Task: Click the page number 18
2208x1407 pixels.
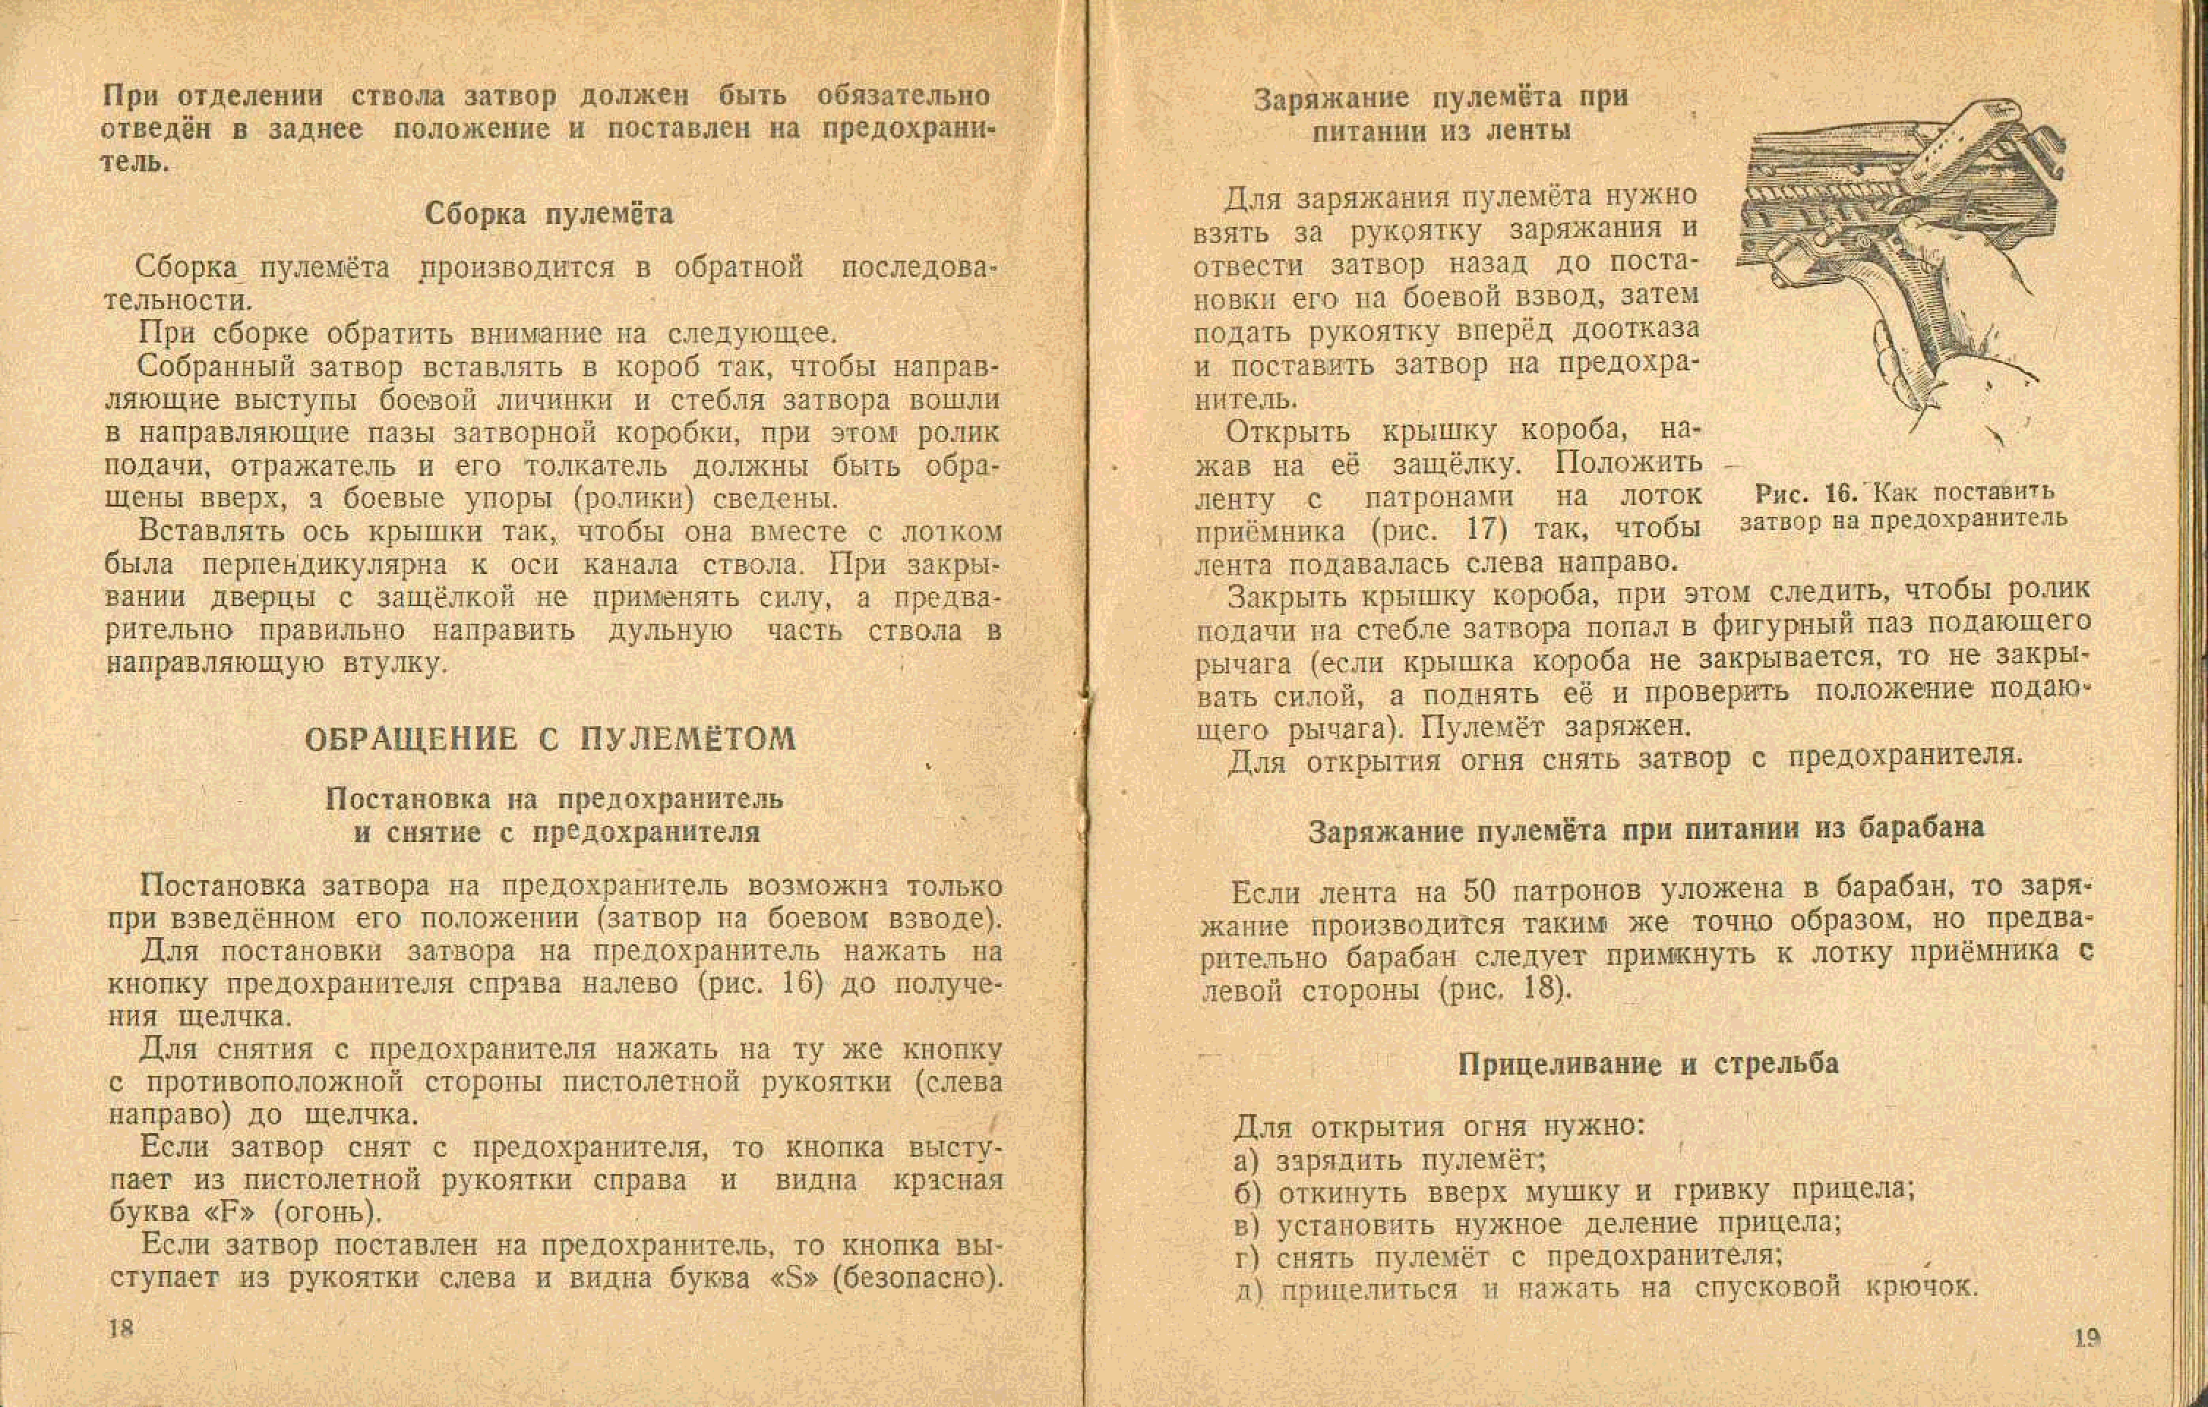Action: [121, 1329]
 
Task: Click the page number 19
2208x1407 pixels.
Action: [2087, 1338]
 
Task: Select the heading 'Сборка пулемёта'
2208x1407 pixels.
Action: [548, 214]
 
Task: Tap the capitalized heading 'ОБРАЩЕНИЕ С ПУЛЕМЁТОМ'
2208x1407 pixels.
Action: [550, 739]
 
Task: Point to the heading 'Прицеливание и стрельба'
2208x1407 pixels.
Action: [1648, 1063]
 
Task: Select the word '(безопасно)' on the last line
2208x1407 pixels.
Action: [916, 1277]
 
